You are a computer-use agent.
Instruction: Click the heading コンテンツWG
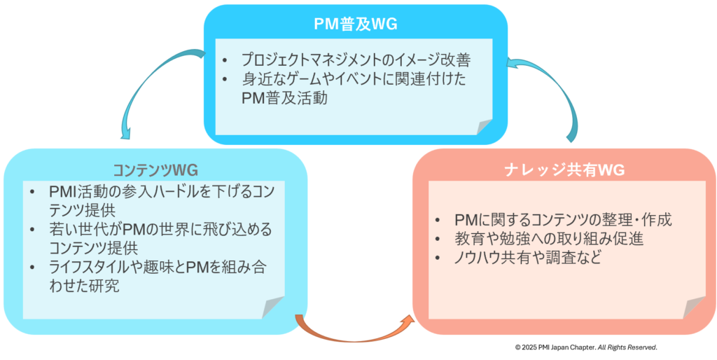point(155,170)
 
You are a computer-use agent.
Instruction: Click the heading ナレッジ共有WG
point(564,170)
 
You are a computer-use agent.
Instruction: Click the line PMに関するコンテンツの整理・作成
point(562,220)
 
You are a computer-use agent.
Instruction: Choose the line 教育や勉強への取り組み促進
point(548,239)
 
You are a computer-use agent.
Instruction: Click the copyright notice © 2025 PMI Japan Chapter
point(585,347)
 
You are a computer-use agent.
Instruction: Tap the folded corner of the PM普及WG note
point(485,126)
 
